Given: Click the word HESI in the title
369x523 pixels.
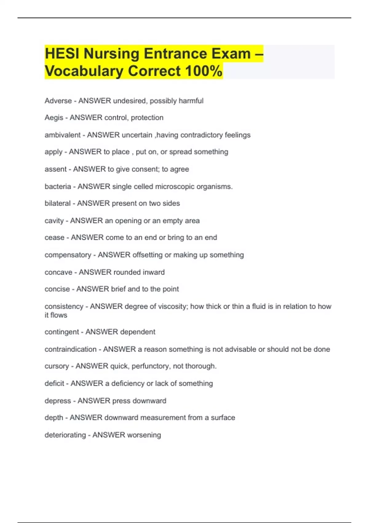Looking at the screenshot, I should click(x=62, y=54).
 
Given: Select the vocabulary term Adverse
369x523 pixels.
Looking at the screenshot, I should click(x=58, y=101).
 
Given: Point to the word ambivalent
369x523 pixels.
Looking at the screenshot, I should click(x=62, y=135).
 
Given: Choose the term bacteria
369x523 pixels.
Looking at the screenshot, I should click(x=58, y=186).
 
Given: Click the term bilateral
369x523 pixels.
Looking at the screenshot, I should click(x=58, y=203).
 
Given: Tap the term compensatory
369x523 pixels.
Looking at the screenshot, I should click(x=68, y=255).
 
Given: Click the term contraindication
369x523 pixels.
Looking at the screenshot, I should click(x=70, y=349).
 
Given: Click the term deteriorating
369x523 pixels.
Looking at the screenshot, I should click(x=65, y=435).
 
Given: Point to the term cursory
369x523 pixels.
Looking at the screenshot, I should click(x=57, y=366).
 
